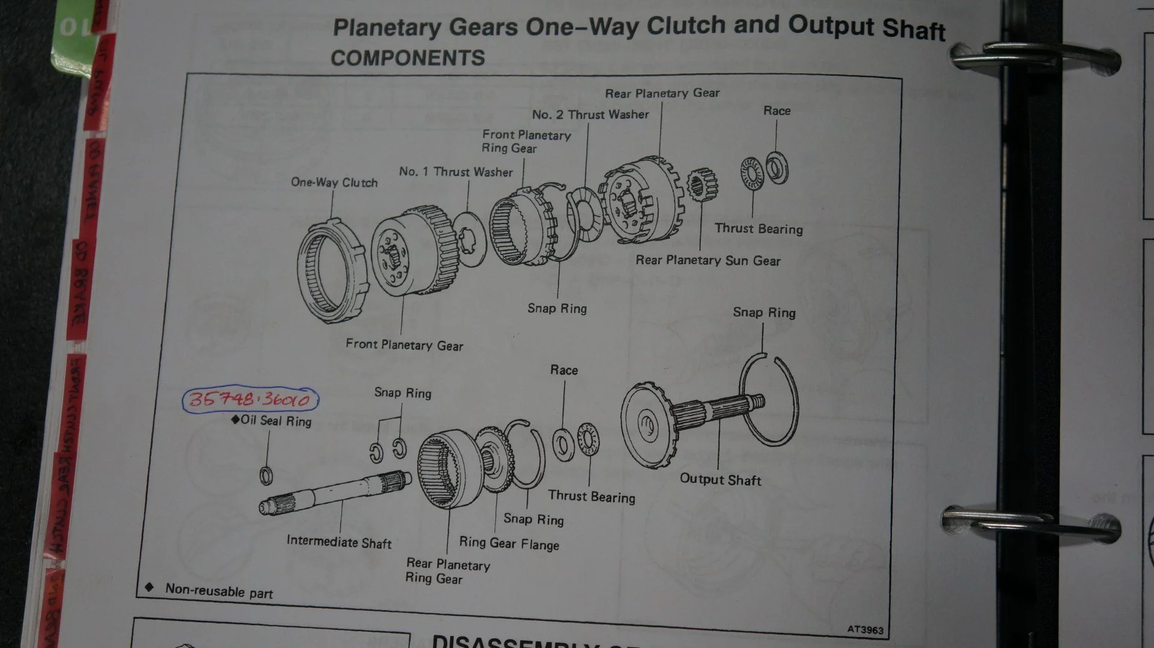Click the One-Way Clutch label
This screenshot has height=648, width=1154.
pyautogui.click(x=334, y=182)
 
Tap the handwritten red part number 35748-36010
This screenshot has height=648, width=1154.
pyautogui.click(x=250, y=399)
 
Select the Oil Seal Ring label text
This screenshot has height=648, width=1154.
pyautogui.click(x=276, y=420)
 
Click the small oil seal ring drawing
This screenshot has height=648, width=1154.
pyautogui.click(x=266, y=476)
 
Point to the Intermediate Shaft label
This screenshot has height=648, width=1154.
pyautogui.click(x=339, y=542)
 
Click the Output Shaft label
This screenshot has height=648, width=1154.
pyautogui.click(x=720, y=479)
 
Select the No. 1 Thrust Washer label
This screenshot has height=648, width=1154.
pyautogui.click(x=456, y=172)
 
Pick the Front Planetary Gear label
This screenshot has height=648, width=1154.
pyautogui.click(x=404, y=345)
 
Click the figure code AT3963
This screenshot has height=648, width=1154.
pyautogui.click(x=865, y=629)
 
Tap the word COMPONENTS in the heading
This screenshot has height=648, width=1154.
pyautogui.click(x=408, y=58)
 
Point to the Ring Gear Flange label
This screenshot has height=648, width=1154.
pyautogui.click(x=509, y=544)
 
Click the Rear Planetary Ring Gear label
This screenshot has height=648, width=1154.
pyautogui.click(x=448, y=571)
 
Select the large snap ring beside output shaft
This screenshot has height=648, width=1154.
pyautogui.click(x=769, y=399)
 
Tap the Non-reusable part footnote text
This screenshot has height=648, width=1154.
pyautogui.click(x=219, y=591)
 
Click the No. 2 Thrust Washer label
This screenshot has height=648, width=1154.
pyautogui.click(x=590, y=114)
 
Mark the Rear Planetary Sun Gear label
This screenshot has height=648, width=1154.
pyautogui.click(x=708, y=260)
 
